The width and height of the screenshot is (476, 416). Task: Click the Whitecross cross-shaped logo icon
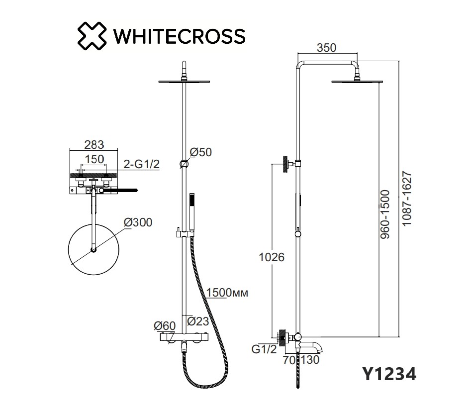pyautogui.click(x=92, y=36)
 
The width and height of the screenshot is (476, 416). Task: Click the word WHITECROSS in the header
pyautogui.click(x=179, y=36)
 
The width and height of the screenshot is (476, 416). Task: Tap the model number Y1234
pyautogui.click(x=389, y=374)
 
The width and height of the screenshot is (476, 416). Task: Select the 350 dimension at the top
pyautogui.click(x=327, y=48)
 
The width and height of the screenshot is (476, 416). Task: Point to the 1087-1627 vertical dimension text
pyautogui.click(x=406, y=199)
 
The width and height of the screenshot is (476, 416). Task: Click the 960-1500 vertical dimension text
pyautogui.click(x=385, y=214)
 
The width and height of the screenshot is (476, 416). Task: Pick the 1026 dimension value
pyautogui.click(x=272, y=257)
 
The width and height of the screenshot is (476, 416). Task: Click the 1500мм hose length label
pyautogui.click(x=227, y=293)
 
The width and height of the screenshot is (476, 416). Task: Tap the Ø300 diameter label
pyautogui.click(x=138, y=222)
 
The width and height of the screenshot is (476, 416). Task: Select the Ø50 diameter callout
pyautogui.click(x=200, y=152)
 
